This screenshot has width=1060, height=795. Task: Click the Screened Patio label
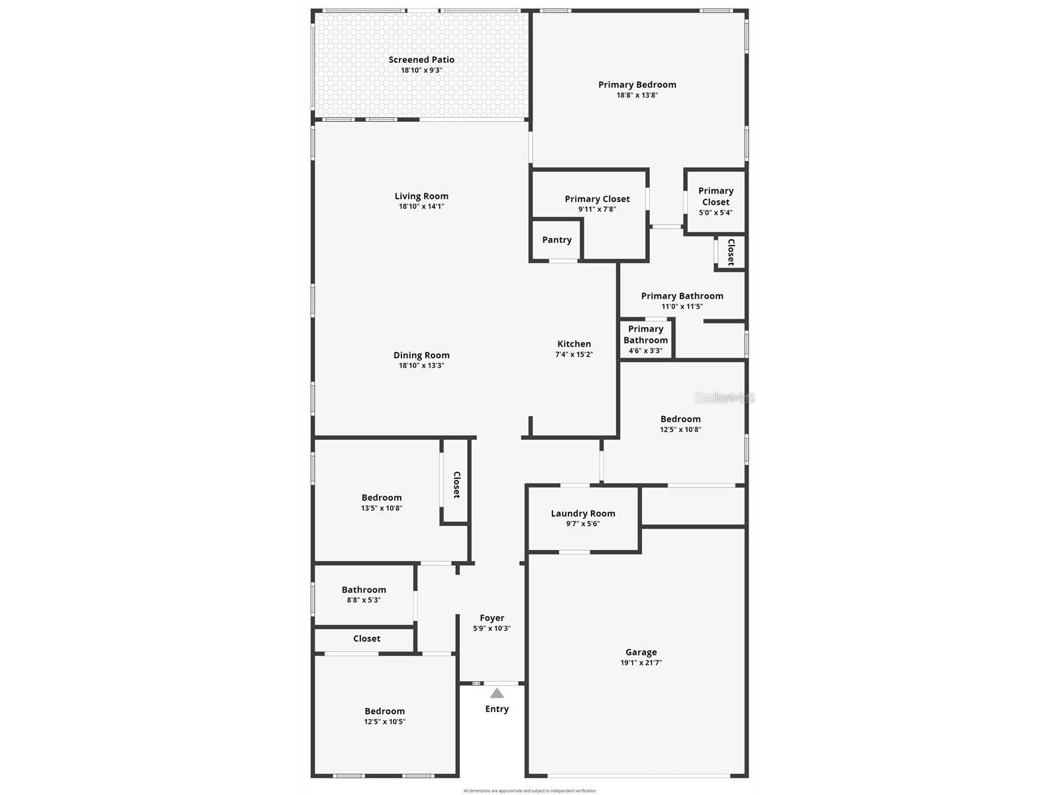click(421, 60)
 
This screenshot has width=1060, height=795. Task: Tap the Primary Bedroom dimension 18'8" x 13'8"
click(637, 95)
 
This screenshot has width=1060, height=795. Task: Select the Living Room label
click(421, 196)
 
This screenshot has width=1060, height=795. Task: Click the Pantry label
click(556, 240)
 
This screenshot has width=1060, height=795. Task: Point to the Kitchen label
click(574, 344)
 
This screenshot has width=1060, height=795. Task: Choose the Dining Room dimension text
click(421, 366)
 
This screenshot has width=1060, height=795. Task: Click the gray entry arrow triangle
click(497, 693)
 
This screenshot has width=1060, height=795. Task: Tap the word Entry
click(497, 709)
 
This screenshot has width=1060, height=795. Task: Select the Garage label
click(641, 652)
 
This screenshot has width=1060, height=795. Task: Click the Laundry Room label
click(583, 513)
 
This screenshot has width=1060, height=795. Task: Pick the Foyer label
click(492, 618)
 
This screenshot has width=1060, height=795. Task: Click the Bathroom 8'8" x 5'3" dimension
click(364, 600)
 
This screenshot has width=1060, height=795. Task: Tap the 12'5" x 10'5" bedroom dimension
click(384, 722)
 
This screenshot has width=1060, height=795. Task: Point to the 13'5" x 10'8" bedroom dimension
click(382, 508)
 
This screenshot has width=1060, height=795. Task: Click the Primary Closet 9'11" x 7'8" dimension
click(597, 209)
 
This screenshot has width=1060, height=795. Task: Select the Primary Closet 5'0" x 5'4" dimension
click(715, 213)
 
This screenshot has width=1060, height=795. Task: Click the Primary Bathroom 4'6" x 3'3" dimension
click(645, 351)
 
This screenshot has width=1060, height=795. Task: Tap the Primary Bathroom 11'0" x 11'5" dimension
click(682, 307)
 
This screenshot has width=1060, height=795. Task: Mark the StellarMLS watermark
click(724, 398)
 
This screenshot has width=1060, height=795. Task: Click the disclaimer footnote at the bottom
click(529, 790)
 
